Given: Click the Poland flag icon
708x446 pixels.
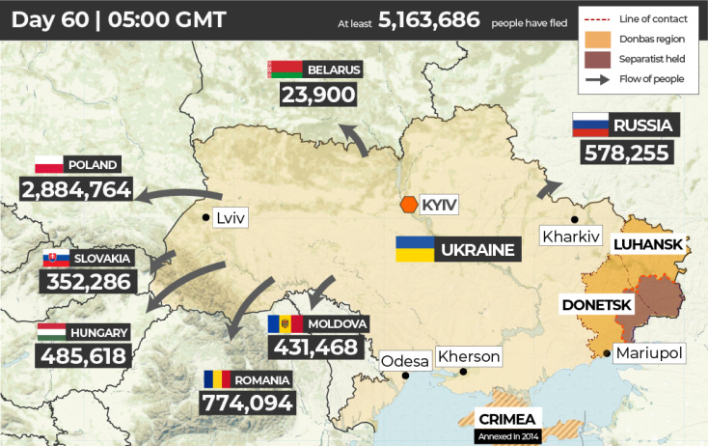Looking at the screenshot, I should click(48, 164).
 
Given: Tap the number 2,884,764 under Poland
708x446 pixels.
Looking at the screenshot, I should click(75, 189).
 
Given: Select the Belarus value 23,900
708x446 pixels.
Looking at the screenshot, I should click(318, 95).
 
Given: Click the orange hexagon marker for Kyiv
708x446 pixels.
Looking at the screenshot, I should click(409, 205).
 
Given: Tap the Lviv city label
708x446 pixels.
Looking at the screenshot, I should click(231, 217).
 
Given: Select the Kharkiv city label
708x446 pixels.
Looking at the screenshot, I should click(571, 236).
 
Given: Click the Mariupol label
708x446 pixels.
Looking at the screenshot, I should click(648, 353).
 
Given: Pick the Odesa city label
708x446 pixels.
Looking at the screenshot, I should click(404, 361).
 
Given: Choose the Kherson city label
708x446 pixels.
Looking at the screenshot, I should click(469, 356).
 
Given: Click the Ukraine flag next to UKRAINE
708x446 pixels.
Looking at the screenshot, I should click(413, 249).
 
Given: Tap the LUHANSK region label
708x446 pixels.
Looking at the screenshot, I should click(648, 245).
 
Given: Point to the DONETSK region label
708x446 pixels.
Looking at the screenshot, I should click(597, 305).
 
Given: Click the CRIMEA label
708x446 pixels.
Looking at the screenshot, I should click(507, 419).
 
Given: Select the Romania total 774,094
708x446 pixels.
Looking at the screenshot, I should click(247, 402).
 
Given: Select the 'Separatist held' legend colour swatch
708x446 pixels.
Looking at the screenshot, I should click(597, 59).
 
